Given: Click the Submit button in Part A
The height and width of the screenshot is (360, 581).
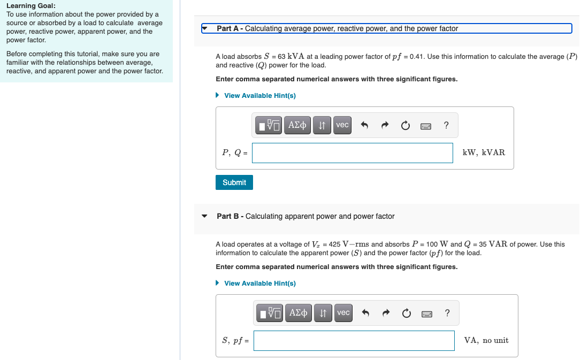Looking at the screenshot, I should [x=234, y=182].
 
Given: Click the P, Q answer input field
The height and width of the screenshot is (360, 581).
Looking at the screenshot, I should [x=352, y=152].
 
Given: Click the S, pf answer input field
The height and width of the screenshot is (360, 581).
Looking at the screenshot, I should [x=354, y=340].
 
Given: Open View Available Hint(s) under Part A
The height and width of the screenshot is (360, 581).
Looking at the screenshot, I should [x=259, y=96].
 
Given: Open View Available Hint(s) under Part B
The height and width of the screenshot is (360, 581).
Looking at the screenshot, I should [x=259, y=284].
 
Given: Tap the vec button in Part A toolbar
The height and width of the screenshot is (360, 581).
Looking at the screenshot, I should [x=342, y=125].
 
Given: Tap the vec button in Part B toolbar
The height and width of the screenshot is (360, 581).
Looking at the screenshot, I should [x=343, y=312].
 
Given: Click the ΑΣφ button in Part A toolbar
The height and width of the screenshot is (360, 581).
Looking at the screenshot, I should [x=297, y=125].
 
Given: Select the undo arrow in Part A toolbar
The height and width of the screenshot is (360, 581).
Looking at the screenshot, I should [x=364, y=126].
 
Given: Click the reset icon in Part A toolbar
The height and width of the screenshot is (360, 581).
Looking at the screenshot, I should [x=405, y=126].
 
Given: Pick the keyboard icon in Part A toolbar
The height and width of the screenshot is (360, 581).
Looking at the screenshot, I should [x=426, y=126].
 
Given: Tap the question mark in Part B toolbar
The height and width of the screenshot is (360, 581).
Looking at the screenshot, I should [x=447, y=313].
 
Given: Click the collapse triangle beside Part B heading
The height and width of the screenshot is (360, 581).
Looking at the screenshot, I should [x=204, y=217].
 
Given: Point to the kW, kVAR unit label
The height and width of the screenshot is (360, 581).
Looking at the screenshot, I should [x=483, y=152].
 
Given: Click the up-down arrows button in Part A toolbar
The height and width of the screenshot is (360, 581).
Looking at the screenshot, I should [x=322, y=125].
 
